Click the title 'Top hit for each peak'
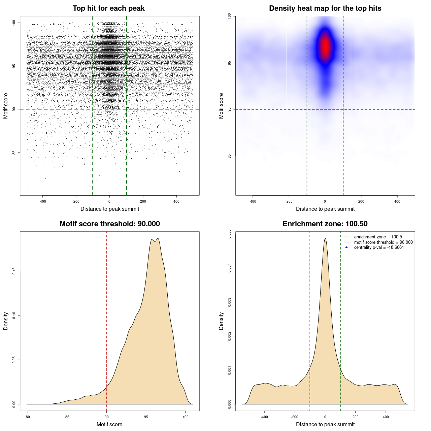coord(109,8)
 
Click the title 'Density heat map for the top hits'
coord(325,8)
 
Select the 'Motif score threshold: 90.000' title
coord(109,224)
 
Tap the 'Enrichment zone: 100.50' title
coord(325,224)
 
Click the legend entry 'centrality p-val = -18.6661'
coord(379,247)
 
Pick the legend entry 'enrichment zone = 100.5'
coord(378,237)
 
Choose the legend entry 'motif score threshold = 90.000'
coord(383,242)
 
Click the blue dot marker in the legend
coord(346,247)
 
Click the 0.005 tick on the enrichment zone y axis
coord(230,234)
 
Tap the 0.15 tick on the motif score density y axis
coord(14,271)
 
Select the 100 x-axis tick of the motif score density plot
coord(186,417)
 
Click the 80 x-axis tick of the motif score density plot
coord(28,417)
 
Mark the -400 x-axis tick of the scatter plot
coord(42,201)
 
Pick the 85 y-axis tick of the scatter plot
coord(14,152)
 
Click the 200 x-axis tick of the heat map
coord(361,201)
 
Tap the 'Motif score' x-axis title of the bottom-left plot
coord(109,424)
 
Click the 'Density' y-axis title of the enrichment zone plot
coord(221,321)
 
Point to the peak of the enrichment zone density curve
coord(325,239)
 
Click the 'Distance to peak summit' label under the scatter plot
coord(110,209)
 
